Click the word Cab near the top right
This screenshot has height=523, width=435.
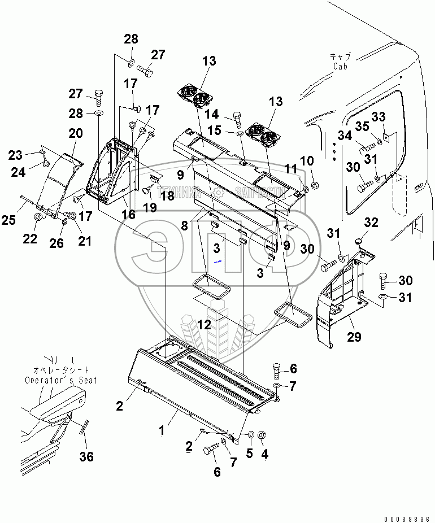[340, 66]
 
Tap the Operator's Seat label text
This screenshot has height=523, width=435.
[60, 380]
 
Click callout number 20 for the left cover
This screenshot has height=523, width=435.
[76, 134]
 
